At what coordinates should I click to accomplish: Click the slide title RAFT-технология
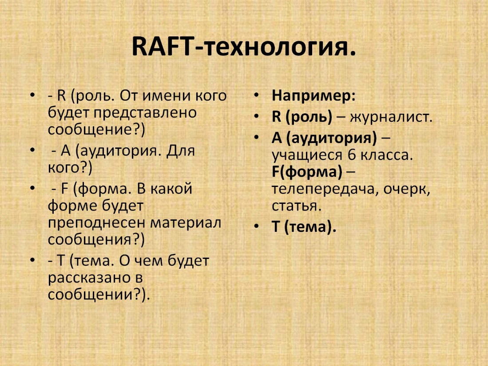tap(244, 47)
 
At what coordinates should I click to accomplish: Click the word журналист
tap(391, 117)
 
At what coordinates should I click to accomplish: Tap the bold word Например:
tap(313, 95)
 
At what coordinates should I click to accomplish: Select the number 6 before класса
tap(352, 155)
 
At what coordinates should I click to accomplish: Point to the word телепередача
tap(325, 189)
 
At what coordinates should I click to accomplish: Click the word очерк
tap(407, 189)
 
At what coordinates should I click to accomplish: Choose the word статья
tap(297, 206)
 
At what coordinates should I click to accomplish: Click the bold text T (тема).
tap(304, 227)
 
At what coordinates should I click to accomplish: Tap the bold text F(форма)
tap(307, 171)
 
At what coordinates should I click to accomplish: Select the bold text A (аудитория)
tap(324, 138)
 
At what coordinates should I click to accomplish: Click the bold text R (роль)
tap(302, 117)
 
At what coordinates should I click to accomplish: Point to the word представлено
tap(145, 113)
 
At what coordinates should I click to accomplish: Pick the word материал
tap(186, 223)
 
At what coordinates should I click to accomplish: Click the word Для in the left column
tap(181, 151)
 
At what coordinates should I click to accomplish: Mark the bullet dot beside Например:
tap(256, 95)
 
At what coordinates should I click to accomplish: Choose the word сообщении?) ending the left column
tap(99, 294)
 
